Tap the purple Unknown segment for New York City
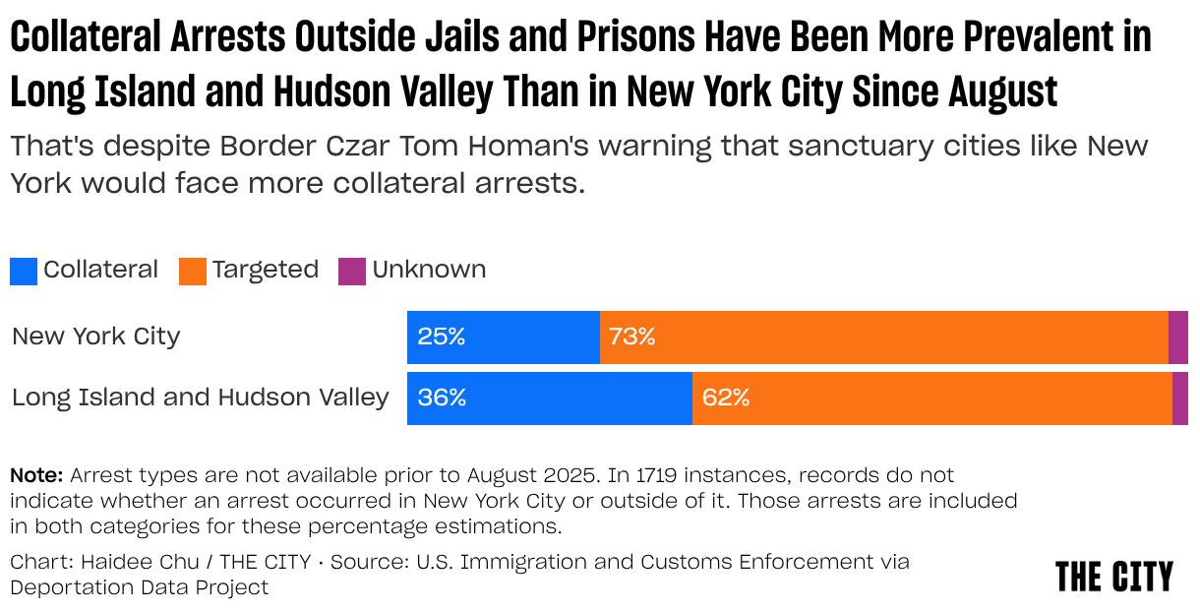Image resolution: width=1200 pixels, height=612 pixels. (1177, 337)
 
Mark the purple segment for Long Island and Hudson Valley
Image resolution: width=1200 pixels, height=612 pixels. (1179, 398)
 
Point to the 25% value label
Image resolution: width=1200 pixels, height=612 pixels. (441, 337)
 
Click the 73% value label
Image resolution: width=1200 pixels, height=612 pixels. (631, 337)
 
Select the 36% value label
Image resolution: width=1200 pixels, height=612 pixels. (442, 398)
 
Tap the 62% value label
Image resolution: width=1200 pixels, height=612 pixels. (725, 398)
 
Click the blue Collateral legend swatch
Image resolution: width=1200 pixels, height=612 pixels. (24, 271)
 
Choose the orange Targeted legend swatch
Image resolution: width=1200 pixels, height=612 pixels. (193, 271)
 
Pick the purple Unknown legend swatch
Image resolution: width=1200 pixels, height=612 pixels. (352, 271)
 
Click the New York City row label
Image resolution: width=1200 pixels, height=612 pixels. (96, 337)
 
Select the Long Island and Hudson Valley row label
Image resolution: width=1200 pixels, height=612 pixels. (201, 398)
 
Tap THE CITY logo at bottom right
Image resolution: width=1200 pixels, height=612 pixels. (1113, 577)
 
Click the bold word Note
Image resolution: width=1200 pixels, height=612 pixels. (36, 475)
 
